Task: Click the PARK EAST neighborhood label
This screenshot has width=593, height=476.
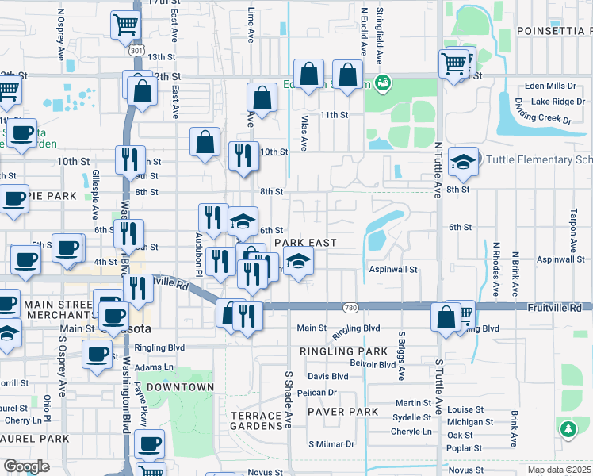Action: coord(306,242)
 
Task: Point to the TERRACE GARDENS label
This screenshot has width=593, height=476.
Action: coord(256,421)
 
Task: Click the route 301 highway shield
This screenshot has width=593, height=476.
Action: coord(136,51)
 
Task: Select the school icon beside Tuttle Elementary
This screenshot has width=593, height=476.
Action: coord(463,162)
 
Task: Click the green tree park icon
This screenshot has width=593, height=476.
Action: coord(568,429)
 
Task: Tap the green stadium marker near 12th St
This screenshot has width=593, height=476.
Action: coord(382,81)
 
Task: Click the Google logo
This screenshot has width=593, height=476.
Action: coord(26,466)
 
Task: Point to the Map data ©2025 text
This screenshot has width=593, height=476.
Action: coord(559,470)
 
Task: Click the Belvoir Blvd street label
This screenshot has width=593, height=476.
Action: coord(374,364)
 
